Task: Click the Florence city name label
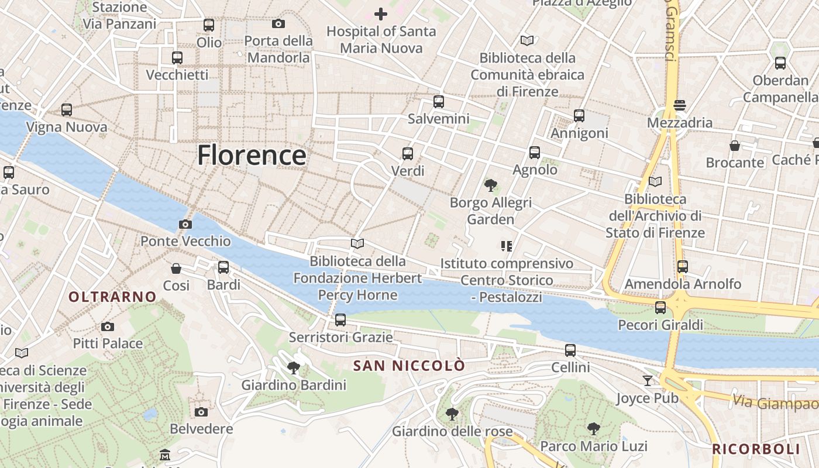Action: tap(252, 156)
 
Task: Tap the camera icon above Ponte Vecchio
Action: tap(185, 224)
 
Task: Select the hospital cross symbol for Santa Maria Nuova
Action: tap(381, 13)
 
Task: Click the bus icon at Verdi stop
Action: tap(408, 154)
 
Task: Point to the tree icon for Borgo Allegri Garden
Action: tap(491, 185)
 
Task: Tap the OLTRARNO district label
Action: tap(113, 297)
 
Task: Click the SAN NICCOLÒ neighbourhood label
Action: tap(409, 366)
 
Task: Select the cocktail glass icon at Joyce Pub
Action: tap(647, 381)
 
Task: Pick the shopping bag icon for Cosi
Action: tap(176, 269)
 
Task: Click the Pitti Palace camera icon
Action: tap(107, 326)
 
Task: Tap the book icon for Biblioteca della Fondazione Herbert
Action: tap(357, 243)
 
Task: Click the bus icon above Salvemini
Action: tap(439, 102)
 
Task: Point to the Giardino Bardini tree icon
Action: tap(294, 367)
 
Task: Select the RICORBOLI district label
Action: tap(756, 449)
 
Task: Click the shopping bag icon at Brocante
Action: tap(735, 145)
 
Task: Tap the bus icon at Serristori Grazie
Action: tap(340, 320)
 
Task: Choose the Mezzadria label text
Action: tap(680, 123)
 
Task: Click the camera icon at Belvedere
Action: tap(201, 412)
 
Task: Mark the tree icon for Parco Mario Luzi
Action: tap(594, 428)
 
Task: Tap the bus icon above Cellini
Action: tap(570, 350)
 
